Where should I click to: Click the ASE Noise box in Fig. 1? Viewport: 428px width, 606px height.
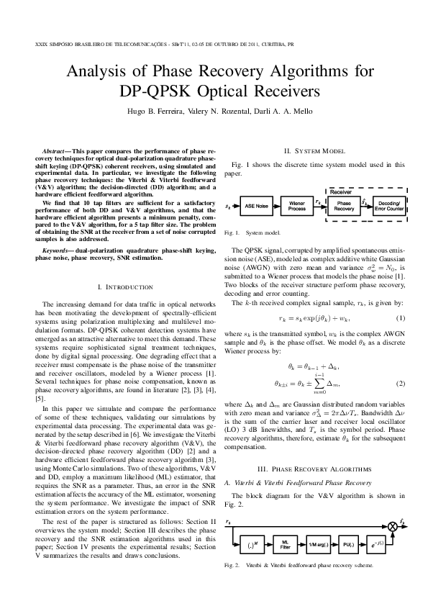click(256, 206)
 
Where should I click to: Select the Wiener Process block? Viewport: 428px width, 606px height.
click(296, 206)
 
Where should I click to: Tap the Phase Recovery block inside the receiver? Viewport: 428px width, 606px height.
click(344, 206)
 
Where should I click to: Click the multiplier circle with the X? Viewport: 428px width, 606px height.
click(392, 527)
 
